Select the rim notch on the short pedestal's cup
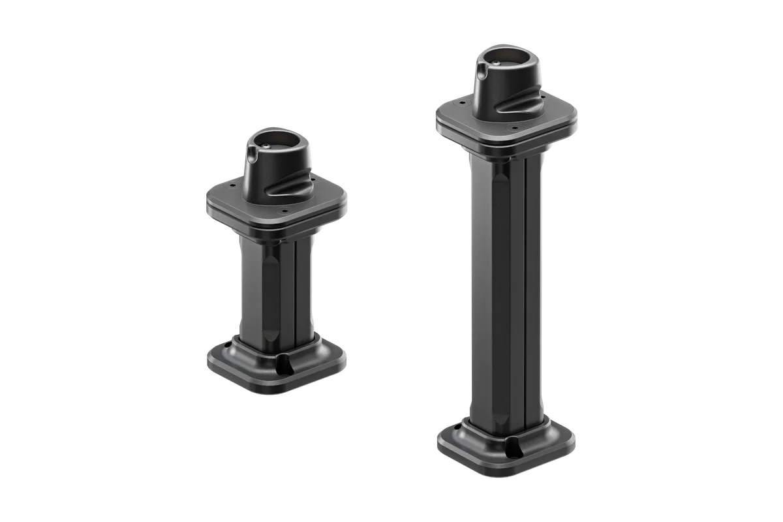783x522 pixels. tap(253, 153)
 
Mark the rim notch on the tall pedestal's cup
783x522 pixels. tap(483, 67)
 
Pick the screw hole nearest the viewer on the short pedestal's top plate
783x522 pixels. tap(285, 211)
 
